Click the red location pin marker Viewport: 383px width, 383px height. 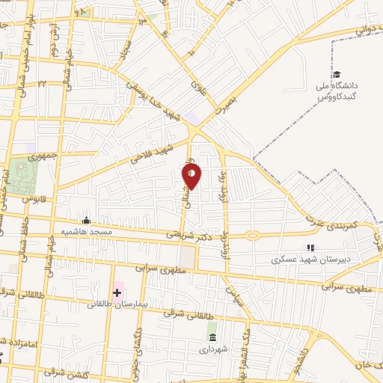(192, 175)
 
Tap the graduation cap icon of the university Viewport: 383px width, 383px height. (337, 75)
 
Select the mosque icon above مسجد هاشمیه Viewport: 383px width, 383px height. (87, 220)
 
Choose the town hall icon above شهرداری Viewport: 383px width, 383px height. (212, 337)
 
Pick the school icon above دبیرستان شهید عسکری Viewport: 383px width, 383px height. (310, 248)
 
